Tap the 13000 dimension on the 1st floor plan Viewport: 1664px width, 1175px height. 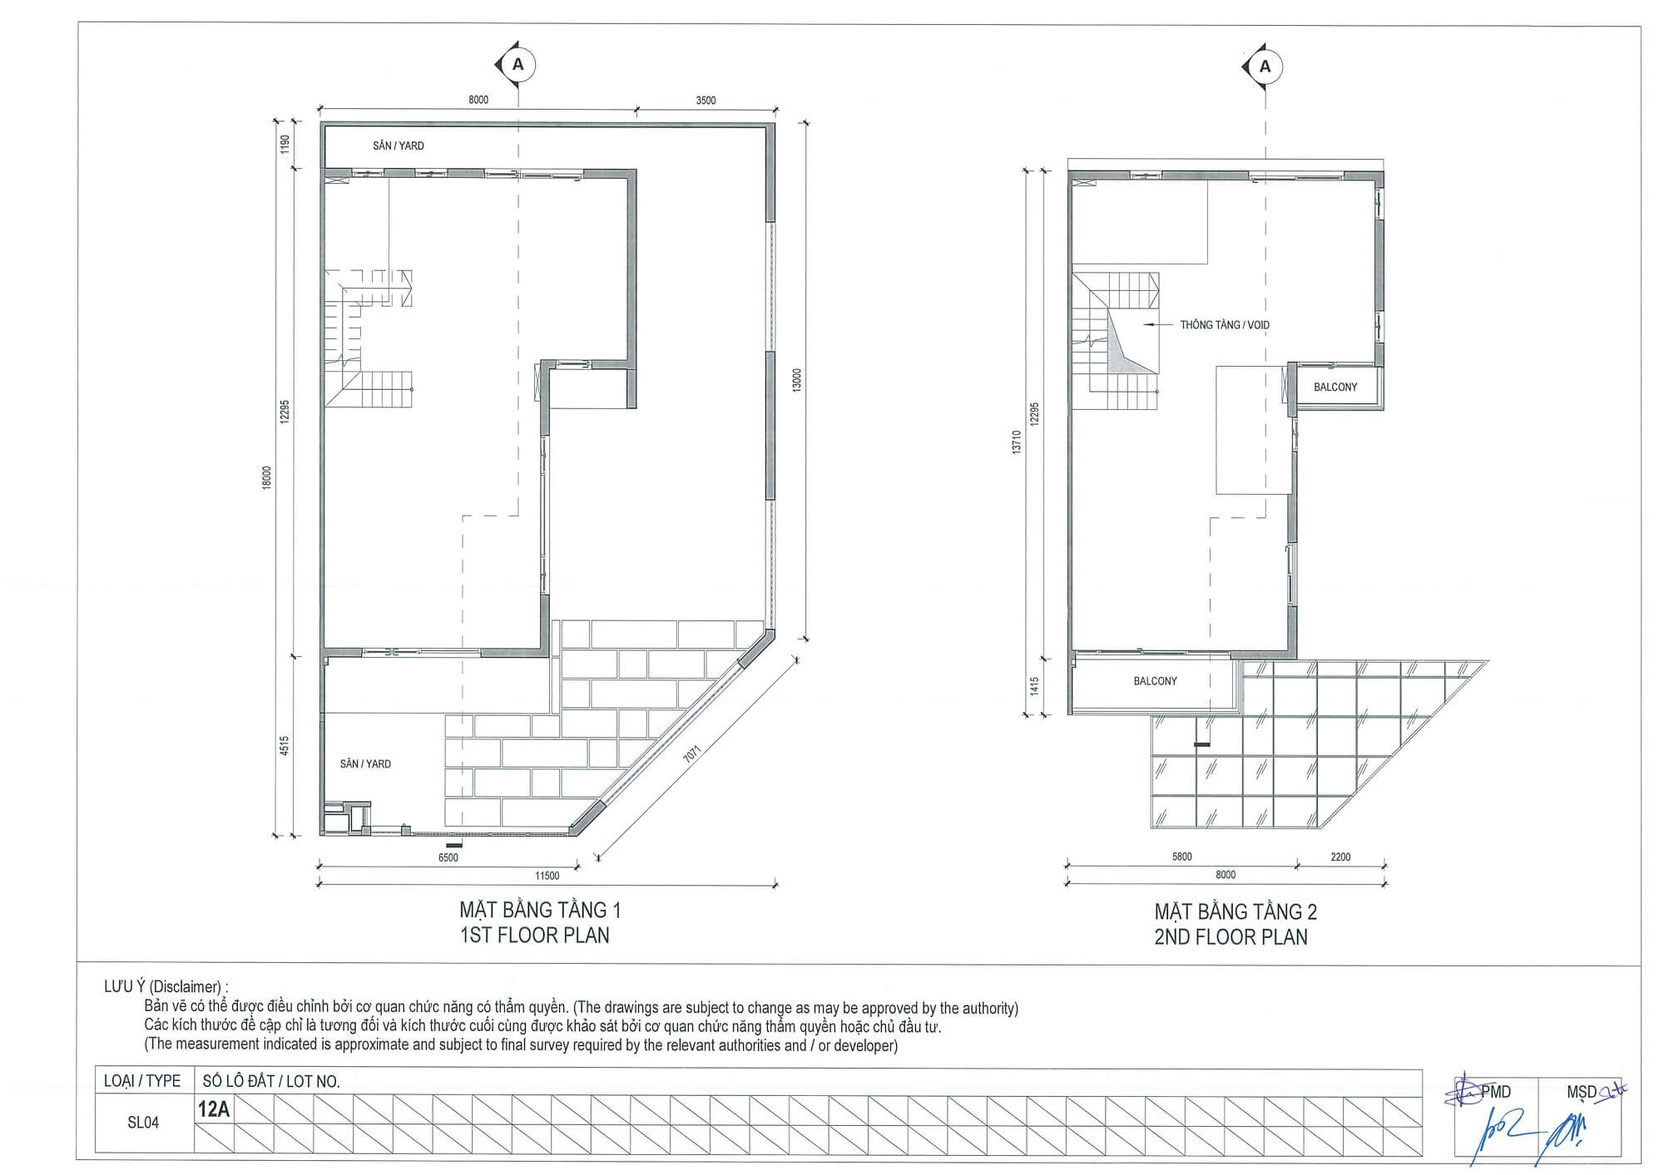[797, 381]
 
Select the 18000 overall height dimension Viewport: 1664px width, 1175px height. [267, 478]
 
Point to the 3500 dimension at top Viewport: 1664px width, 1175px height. [706, 101]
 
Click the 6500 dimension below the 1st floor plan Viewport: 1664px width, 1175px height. [448, 857]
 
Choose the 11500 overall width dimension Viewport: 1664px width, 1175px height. [547, 876]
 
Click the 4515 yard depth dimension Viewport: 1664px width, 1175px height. [285, 745]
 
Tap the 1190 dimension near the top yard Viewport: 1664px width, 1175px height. [285, 145]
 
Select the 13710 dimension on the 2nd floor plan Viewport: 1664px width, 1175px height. [1017, 442]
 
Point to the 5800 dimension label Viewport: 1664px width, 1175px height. [1181, 857]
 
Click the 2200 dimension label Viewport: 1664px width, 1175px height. [1340, 857]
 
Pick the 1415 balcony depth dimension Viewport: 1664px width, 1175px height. [1034, 686]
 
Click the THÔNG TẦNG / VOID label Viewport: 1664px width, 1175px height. [1225, 325]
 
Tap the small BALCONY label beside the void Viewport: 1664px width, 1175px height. [1335, 388]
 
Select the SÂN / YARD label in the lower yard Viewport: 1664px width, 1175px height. [365, 764]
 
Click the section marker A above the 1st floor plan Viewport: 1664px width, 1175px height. [518, 64]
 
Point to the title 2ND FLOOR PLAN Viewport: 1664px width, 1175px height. [1231, 937]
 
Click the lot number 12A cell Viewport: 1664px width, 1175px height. [214, 1109]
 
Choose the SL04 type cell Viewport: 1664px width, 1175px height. [143, 1123]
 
